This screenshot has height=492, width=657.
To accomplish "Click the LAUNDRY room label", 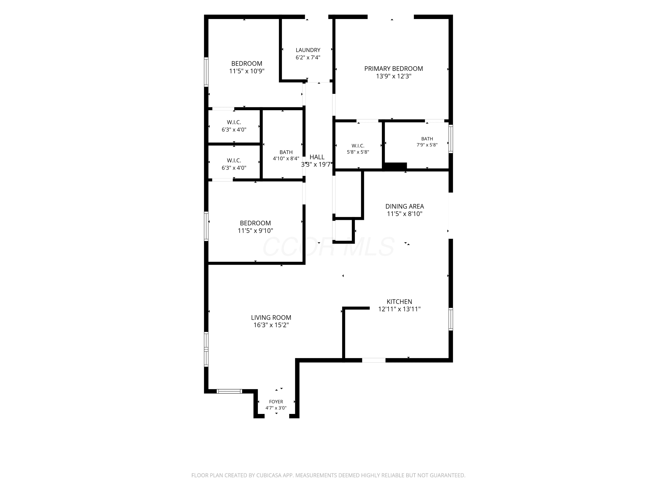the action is [308, 50].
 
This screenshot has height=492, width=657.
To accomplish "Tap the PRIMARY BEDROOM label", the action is [394, 68].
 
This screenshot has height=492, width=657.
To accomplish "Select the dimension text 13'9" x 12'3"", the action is [394, 76].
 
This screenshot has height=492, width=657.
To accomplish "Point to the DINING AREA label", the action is [404, 206].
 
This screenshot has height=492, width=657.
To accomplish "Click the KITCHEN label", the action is [399, 302].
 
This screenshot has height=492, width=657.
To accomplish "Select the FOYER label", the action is [276, 402].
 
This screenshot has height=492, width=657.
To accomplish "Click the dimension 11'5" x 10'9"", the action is [247, 71].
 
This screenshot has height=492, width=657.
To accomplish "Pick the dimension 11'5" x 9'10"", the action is [255, 231].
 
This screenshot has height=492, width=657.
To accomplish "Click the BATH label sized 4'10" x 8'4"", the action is [286, 152].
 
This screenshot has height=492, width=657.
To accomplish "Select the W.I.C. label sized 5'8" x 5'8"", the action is [358, 146].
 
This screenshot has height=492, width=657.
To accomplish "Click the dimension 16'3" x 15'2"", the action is [271, 325].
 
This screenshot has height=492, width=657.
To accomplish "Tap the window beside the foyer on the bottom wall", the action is [229, 391].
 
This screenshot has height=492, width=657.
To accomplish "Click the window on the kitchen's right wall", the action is [450, 319].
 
